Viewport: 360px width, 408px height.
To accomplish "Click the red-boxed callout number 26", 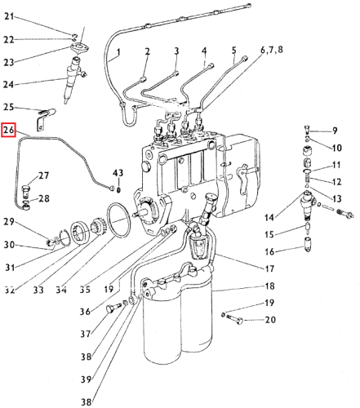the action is click(x=8, y=130).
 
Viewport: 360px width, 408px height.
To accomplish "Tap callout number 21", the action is click(x=9, y=16).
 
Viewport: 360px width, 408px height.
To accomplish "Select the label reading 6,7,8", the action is click(x=271, y=51).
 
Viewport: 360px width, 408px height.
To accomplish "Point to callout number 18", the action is click(x=269, y=286).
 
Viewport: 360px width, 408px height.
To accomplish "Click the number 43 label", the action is click(x=118, y=173).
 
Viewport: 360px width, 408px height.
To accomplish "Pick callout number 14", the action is click(x=269, y=217).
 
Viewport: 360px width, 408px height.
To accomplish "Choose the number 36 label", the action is click(x=85, y=311).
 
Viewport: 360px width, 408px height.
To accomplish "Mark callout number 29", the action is click(x=8, y=222).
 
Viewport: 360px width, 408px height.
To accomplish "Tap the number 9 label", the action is click(x=335, y=131).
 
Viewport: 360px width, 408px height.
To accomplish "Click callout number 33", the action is click(x=38, y=290).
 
